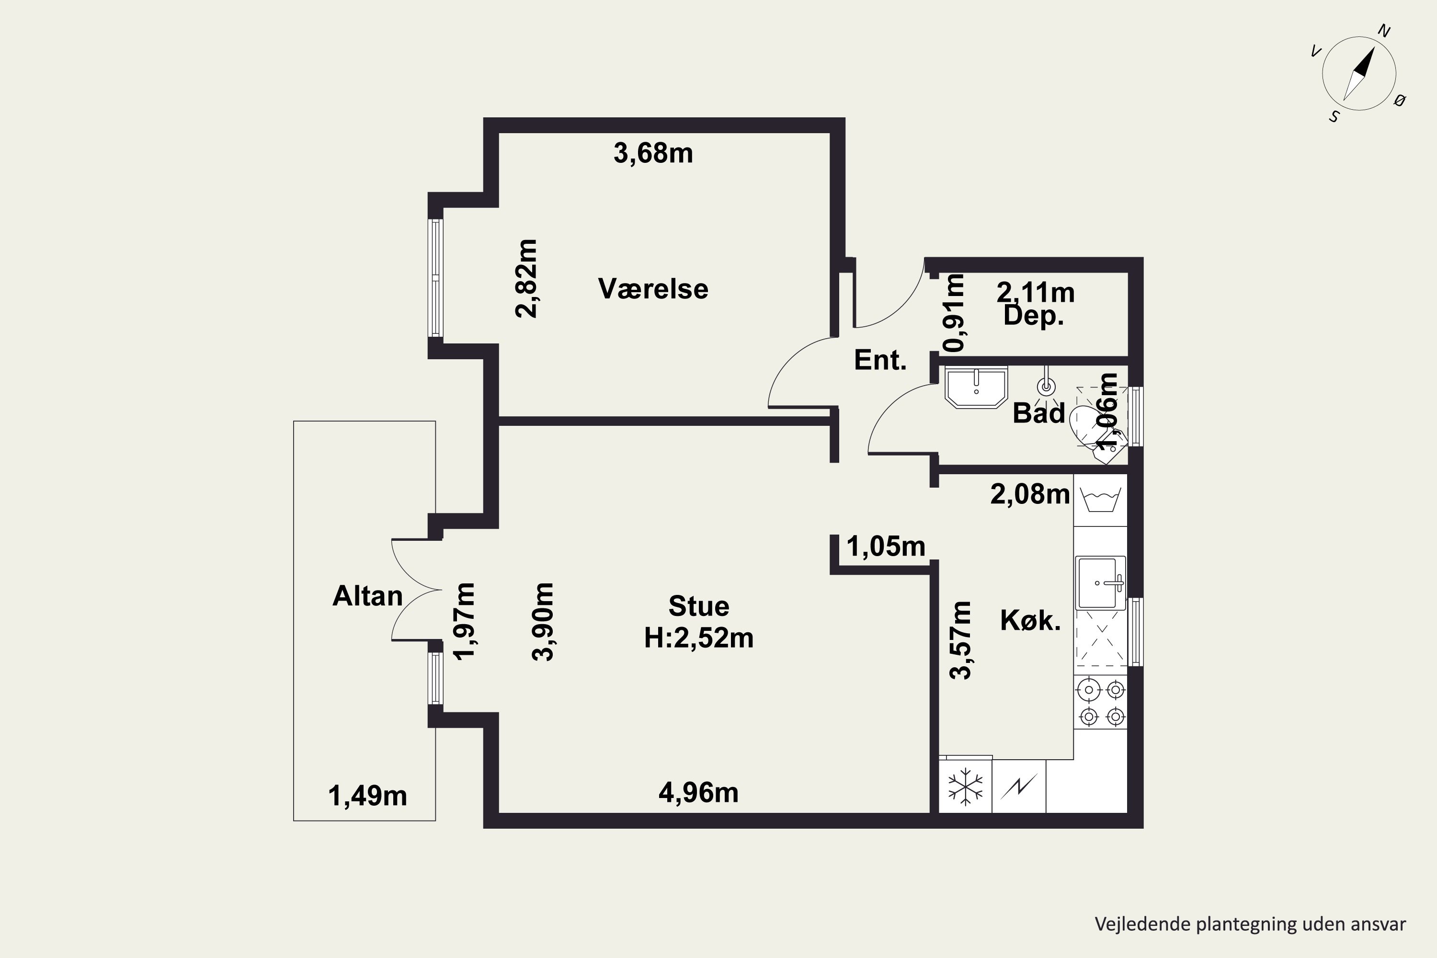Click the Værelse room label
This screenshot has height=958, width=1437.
[x=653, y=289]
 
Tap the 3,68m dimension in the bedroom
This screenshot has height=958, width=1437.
[x=653, y=153]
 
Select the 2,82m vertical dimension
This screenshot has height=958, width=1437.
[x=526, y=279]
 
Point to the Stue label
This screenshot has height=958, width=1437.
[x=699, y=606]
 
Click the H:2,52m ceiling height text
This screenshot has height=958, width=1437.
[x=699, y=638]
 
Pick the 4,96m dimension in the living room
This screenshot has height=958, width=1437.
[x=698, y=793]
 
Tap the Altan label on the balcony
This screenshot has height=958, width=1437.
[x=367, y=596]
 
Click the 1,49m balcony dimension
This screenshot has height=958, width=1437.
[x=367, y=796]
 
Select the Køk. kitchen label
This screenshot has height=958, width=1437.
[x=1030, y=621]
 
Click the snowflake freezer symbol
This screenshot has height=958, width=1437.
[x=965, y=787]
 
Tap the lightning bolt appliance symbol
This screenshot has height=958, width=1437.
[x=1018, y=787]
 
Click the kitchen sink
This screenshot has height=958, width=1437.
[x=1100, y=583]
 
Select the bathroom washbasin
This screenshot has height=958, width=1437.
[x=976, y=387]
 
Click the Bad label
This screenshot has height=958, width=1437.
[x=1038, y=413]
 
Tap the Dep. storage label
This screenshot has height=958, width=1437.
[x=1034, y=317]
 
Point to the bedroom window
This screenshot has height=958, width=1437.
[x=435, y=278]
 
